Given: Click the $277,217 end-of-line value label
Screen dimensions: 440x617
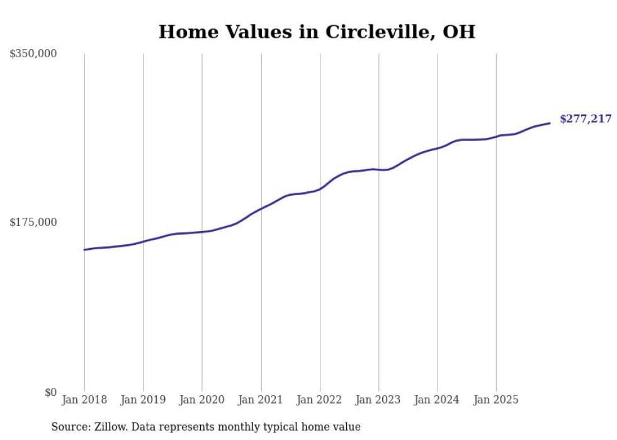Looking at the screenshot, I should coord(585,118).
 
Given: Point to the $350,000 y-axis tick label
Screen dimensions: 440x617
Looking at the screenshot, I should coord(33,54).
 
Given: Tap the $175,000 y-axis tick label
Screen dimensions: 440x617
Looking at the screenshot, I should coord(33,222).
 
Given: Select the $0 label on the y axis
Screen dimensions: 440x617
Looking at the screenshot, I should coord(50,393).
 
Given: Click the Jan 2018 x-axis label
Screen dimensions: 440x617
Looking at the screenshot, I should coord(84,400).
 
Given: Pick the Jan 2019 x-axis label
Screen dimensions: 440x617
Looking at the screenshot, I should coord(143,400).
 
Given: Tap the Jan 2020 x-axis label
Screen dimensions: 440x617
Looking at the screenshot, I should coord(202,400).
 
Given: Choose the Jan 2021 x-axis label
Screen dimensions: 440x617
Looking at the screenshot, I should coord(261,400).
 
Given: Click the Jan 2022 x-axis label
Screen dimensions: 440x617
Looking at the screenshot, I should coord(320,400).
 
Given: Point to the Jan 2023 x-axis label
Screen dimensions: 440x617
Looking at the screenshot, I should coord(378,400).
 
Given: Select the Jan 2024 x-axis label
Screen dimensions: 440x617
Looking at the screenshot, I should coord(438,400).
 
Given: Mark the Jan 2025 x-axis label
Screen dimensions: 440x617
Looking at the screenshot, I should coord(496,400).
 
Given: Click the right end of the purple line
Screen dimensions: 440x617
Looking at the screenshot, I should coord(550,123).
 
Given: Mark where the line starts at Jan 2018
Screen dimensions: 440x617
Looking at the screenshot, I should coord(84,250).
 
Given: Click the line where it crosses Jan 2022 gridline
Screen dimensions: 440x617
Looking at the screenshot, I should coord(320,188).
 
